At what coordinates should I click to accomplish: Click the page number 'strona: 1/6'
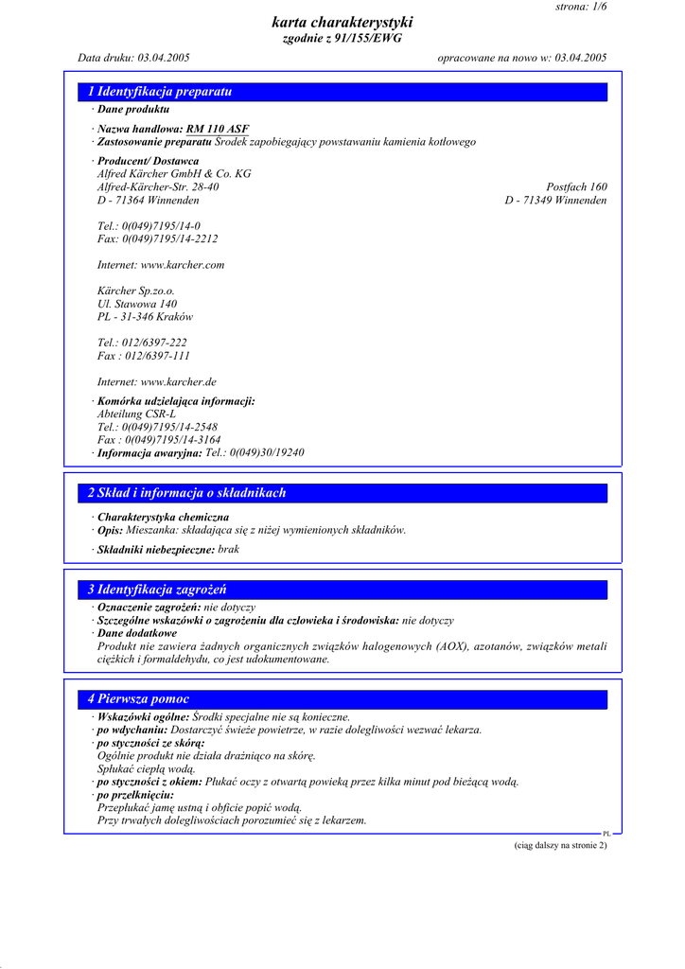[581, 7]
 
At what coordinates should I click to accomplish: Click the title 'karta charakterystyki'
[342, 23]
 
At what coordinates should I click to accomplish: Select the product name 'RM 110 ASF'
[218, 129]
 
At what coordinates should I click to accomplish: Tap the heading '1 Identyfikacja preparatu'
[160, 92]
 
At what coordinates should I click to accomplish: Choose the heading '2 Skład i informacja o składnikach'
[186, 493]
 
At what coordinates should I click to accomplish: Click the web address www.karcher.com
[183, 265]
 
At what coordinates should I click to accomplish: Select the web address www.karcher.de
[179, 382]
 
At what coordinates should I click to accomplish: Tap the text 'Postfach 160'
[576, 187]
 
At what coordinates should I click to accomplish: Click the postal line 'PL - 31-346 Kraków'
[145, 317]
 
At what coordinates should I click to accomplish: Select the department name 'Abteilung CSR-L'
[136, 414]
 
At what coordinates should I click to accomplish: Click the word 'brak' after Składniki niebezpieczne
[229, 550]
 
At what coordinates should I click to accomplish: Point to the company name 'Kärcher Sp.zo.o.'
[136, 291]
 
